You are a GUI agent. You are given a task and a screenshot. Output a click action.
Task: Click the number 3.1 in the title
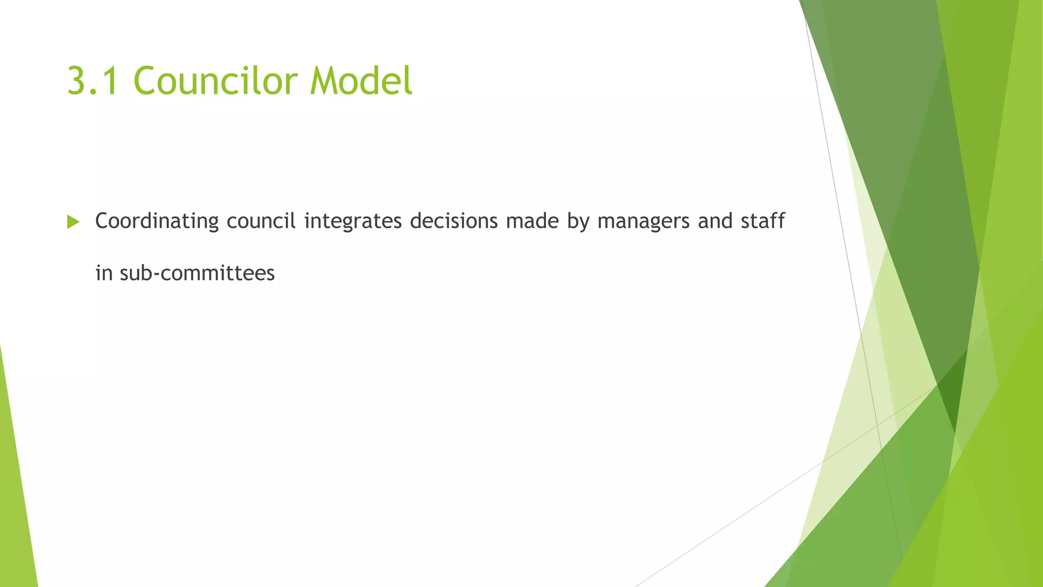click(x=94, y=81)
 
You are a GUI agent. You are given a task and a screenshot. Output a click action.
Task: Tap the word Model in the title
click(x=361, y=81)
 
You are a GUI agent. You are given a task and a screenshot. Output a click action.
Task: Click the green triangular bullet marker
click(x=73, y=222)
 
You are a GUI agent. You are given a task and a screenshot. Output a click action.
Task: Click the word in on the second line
click(x=104, y=273)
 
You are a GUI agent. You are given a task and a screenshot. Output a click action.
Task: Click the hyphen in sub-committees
click(x=156, y=275)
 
